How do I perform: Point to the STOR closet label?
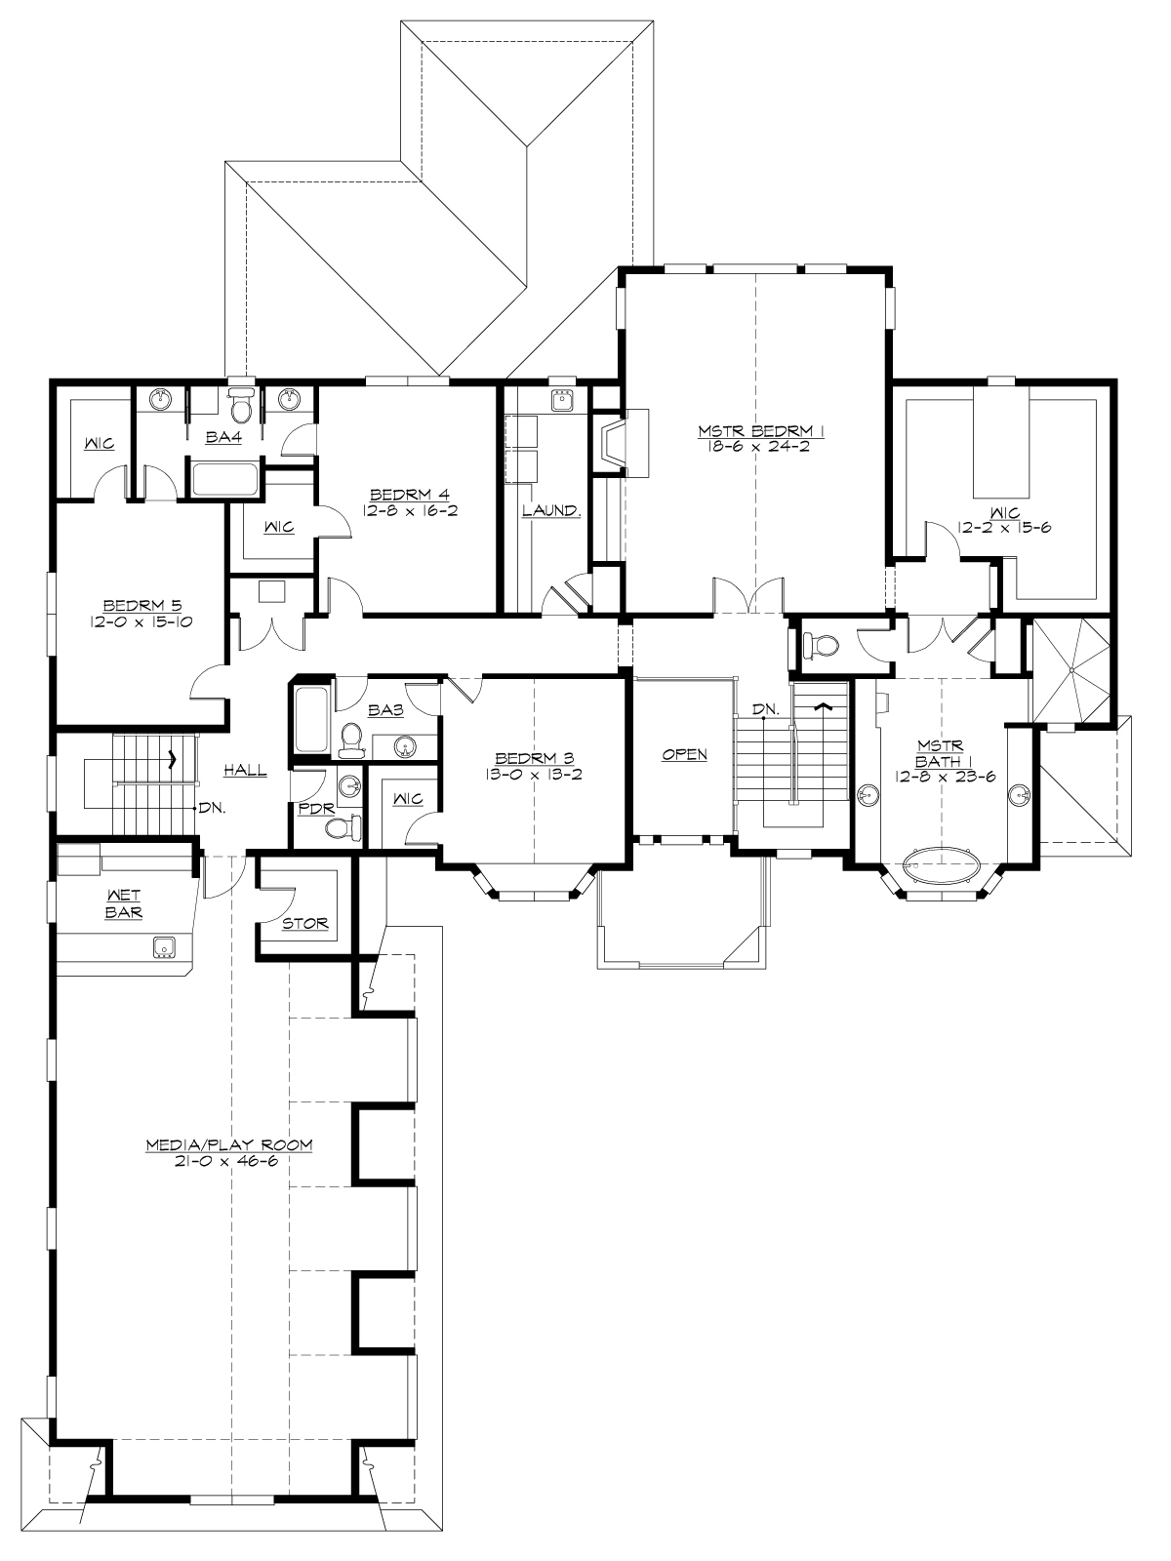304,923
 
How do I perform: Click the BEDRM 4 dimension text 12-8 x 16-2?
408,509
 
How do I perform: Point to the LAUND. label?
551,510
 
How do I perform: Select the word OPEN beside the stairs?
684,754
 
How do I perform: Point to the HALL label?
245,771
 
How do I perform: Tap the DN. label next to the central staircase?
765,709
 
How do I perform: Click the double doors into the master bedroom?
748,597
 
